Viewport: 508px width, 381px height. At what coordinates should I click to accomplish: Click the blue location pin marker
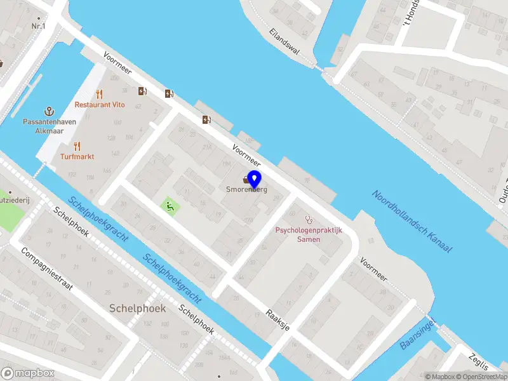click(254, 178)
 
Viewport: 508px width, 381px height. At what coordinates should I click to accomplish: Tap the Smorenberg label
click(246, 189)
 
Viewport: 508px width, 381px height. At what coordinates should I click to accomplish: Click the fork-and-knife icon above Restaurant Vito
click(99, 94)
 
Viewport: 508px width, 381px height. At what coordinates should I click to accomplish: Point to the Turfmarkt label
click(77, 156)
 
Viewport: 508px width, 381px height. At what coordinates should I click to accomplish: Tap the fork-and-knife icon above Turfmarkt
click(77, 145)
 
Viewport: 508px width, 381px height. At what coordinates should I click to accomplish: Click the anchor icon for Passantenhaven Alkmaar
click(48, 111)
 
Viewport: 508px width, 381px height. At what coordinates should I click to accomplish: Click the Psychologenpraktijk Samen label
click(309, 234)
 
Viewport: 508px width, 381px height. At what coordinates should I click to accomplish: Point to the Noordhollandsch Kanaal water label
click(411, 222)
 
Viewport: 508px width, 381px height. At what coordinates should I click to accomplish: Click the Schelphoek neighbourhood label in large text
click(137, 308)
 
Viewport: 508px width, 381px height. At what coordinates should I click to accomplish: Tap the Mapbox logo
click(27, 373)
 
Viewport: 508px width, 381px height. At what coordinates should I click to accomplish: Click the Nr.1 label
click(38, 26)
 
